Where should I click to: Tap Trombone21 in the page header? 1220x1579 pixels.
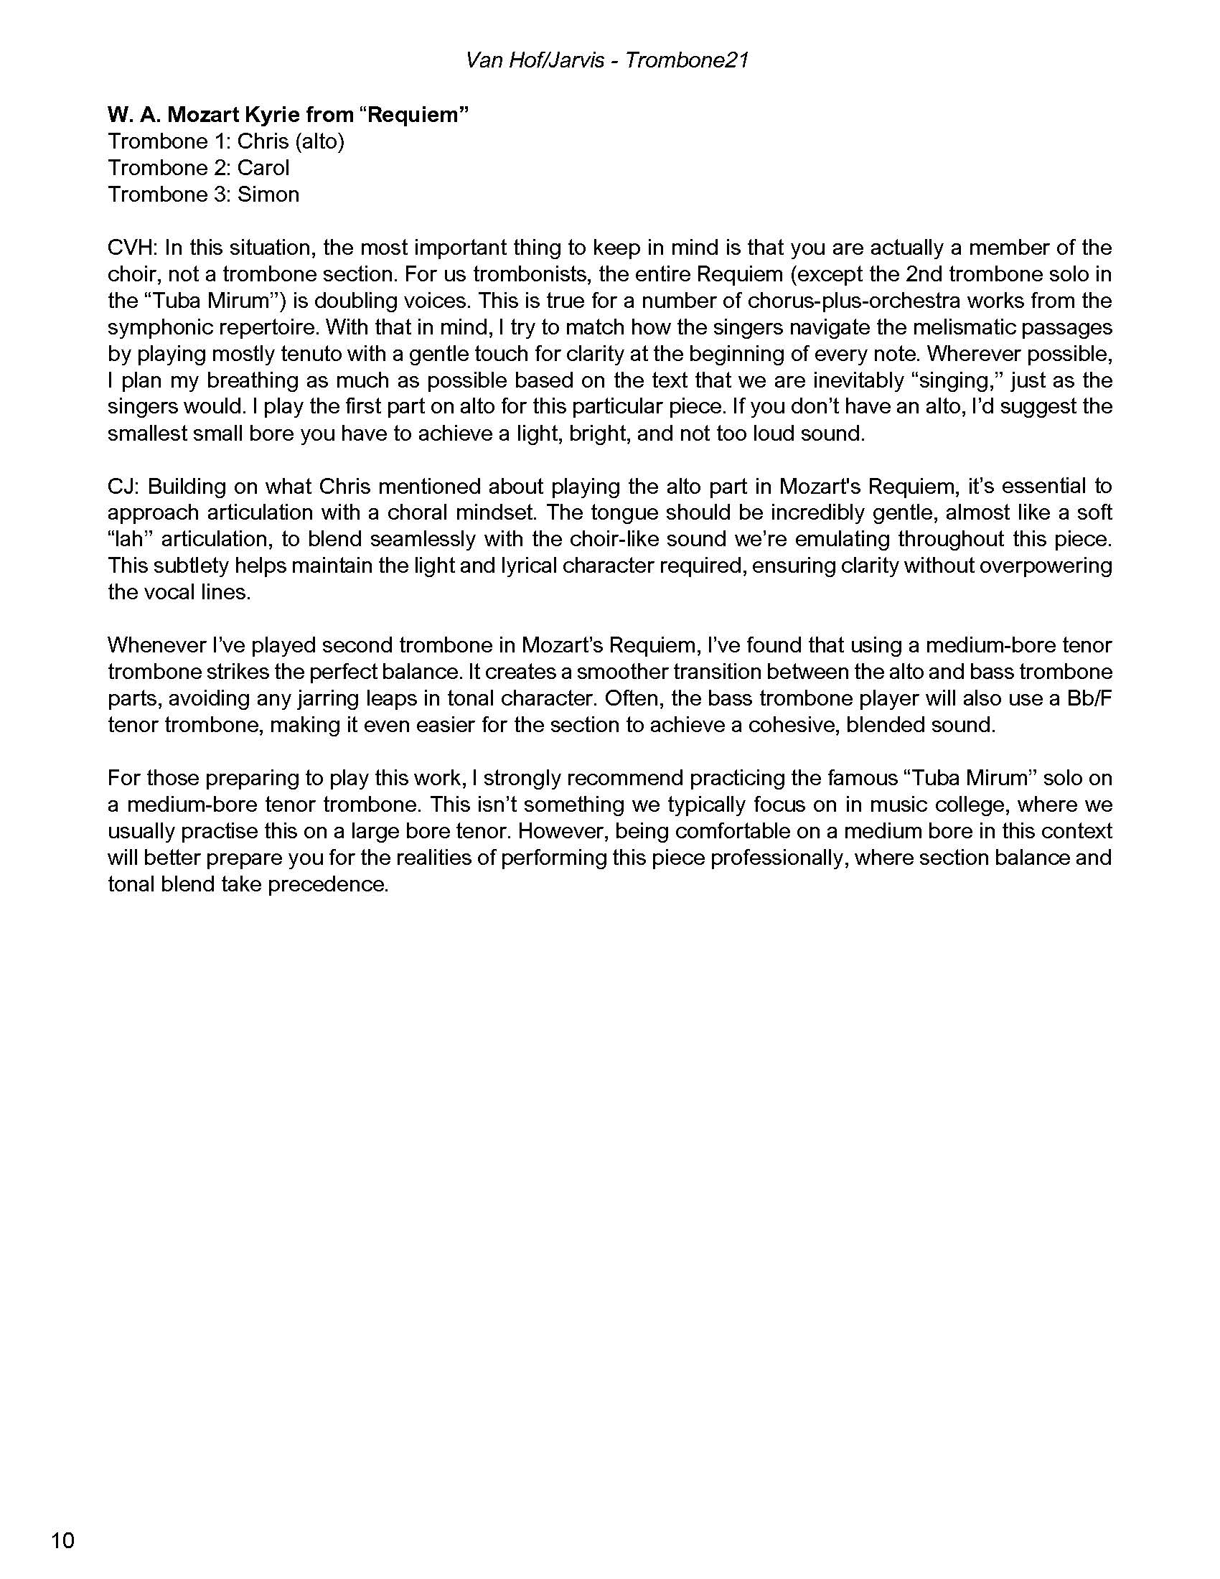click(x=686, y=60)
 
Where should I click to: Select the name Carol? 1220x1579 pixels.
click(x=263, y=168)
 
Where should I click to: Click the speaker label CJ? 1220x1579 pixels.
click(x=123, y=486)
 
